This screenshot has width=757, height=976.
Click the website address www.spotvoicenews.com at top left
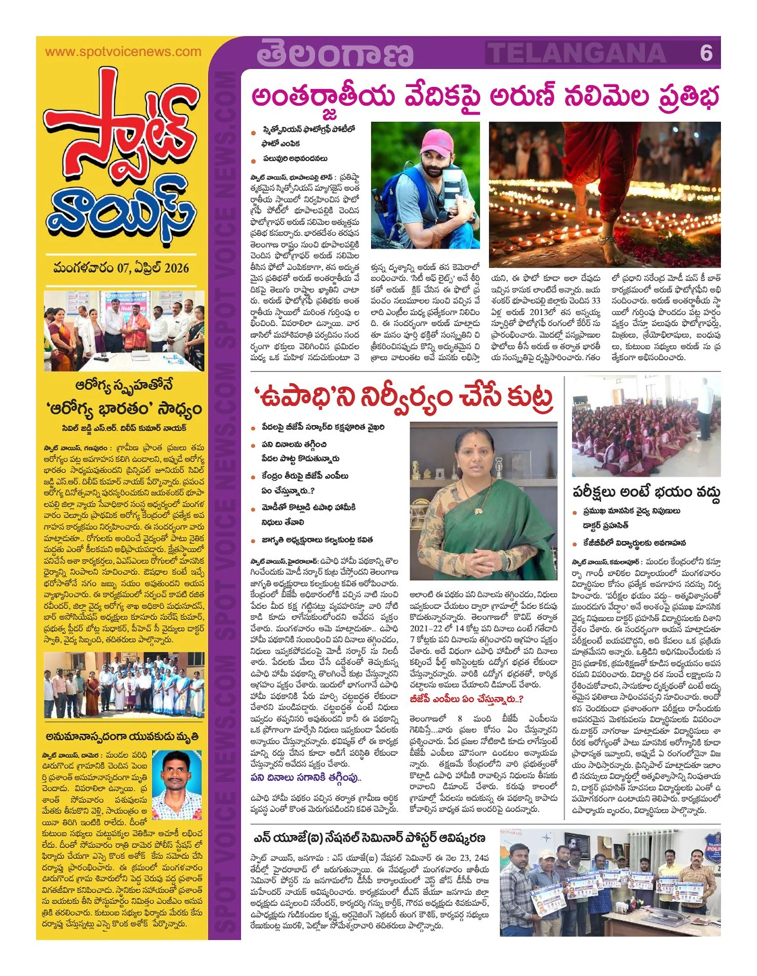click(x=123, y=52)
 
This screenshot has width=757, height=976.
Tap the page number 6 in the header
click(x=706, y=53)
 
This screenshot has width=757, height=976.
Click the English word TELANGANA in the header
click(x=578, y=53)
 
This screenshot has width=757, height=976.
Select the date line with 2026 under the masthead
click(x=121, y=268)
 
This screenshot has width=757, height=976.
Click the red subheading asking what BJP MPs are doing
click(x=466, y=699)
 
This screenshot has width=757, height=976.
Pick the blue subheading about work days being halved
click(x=306, y=777)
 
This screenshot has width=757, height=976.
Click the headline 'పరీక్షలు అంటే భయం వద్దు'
click(x=646, y=492)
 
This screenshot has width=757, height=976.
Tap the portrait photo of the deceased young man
click(x=177, y=785)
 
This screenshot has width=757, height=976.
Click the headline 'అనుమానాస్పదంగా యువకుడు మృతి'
click(x=122, y=737)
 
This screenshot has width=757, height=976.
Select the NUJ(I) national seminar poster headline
click(x=369, y=838)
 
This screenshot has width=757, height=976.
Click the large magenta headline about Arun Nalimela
click(x=485, y=96)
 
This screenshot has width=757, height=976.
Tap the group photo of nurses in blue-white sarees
click(x=124, y=685)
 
